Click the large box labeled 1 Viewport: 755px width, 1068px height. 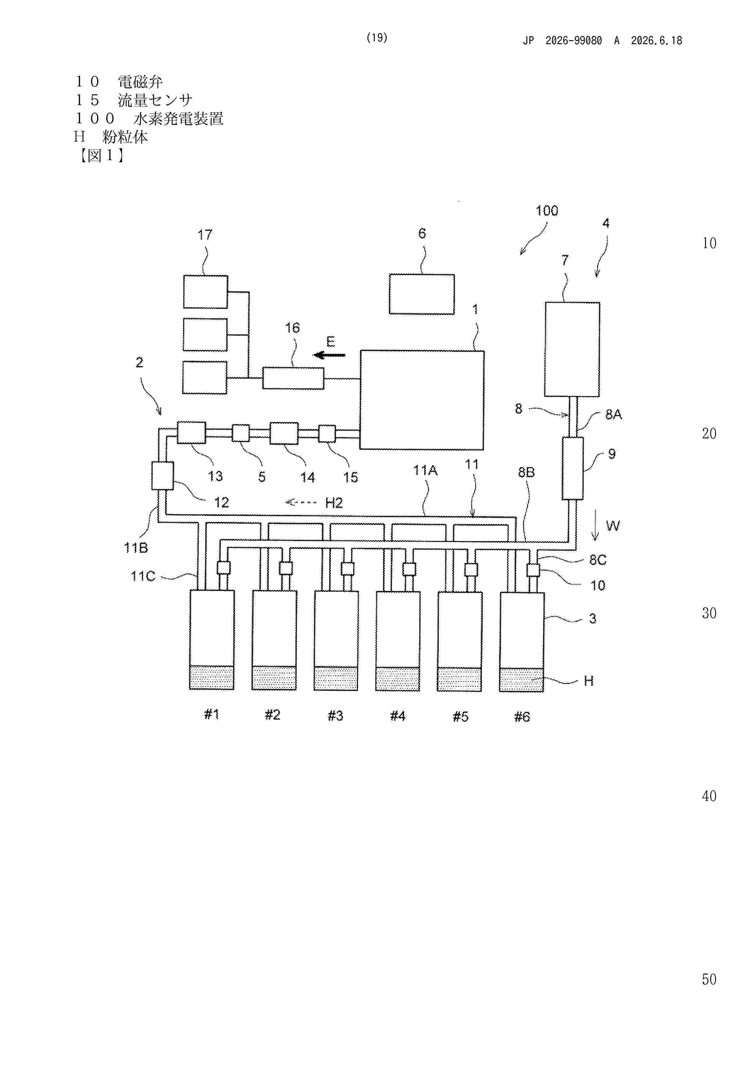tap(422, 400)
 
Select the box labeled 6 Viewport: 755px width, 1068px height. tap(422, 294)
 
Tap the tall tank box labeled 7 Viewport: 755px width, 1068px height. tap(572, 349)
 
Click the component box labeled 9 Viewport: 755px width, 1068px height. tap(573, 469)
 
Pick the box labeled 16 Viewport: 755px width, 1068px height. tap(293, 378)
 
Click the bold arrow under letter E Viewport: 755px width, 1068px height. tap(329, 355)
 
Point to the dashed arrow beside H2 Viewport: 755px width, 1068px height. tap(301, 502)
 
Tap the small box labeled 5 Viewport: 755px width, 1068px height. tap(241, 433)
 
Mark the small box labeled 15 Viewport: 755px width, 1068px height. tap(327, 434)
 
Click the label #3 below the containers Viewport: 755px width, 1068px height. tap(335, 715)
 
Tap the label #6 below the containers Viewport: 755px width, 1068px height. tap(522, 717)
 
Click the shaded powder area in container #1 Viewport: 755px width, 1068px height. tap(212, 677)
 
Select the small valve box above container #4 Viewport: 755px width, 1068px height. tap(409, 569)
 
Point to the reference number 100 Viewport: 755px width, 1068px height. tap(547, 211)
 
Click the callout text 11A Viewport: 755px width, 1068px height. tap(425, 470)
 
